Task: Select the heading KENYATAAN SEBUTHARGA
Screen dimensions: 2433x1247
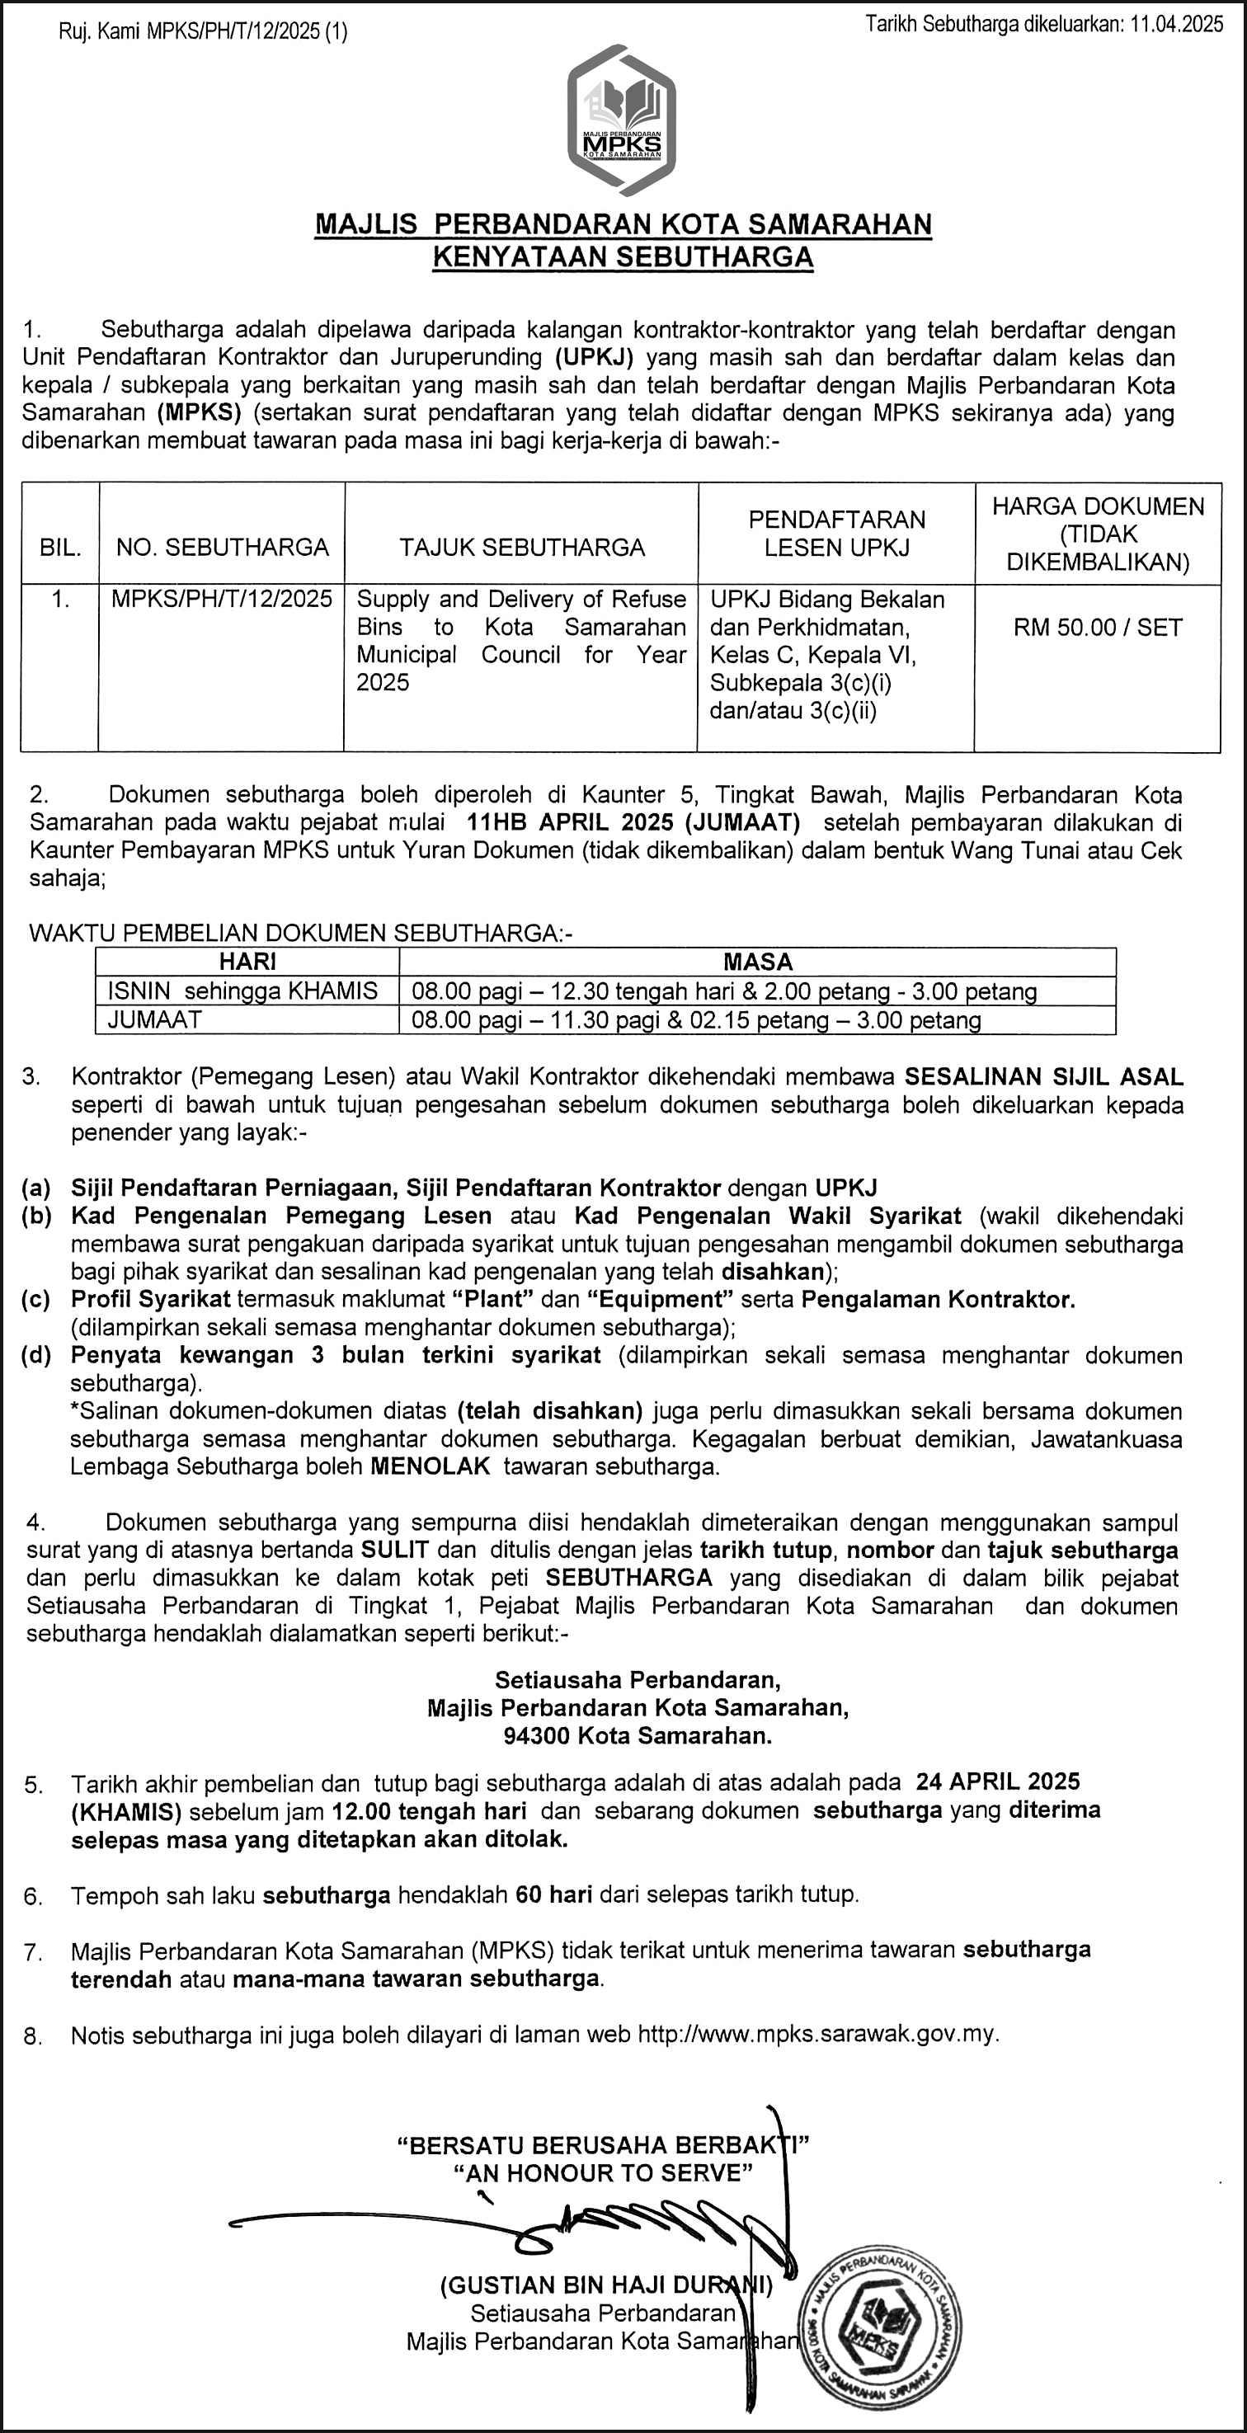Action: [623, 256]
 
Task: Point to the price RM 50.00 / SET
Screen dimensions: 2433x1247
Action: [1098, 628]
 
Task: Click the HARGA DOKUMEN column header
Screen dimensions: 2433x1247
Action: [1098, 534]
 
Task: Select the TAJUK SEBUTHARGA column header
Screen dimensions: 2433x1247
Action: [521, 548]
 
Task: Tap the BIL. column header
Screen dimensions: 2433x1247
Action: [60, 548]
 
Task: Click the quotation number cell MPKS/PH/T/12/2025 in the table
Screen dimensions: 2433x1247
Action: [222, 599]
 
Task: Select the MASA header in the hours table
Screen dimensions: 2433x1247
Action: [758, 962]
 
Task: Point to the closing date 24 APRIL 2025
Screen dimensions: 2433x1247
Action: [998, 1781]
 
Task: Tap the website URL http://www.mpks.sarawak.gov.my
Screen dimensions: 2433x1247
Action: [817, 2034]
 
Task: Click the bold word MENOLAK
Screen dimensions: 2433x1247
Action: [430, 1466]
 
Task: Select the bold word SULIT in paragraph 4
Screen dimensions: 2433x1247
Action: [395, 1550]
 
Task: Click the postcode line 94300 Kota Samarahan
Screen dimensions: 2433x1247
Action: [638, 1735]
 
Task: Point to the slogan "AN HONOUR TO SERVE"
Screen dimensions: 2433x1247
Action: [604, 2173]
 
